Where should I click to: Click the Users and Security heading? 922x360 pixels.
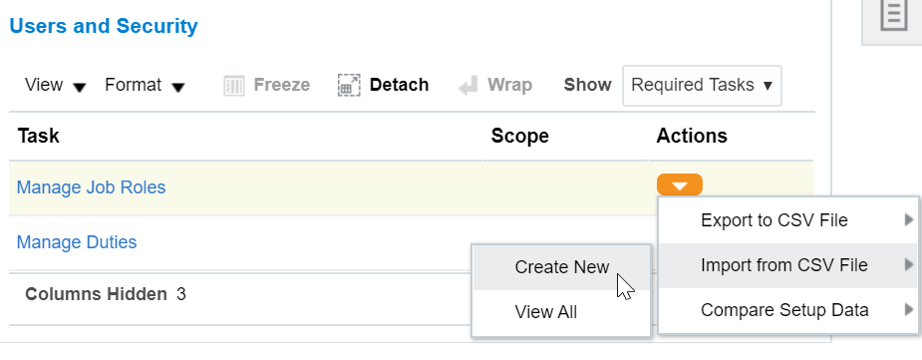tap(104, 27)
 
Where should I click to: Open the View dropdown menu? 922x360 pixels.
tap(55, 86)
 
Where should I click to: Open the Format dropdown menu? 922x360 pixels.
tap(145, 86)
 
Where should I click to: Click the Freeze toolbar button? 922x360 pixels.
tap(266, 86)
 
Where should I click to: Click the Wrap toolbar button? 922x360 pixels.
tap(495, 86)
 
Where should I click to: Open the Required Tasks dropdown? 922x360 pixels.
tap(702, 86)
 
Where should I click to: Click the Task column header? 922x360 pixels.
tap(39, 137)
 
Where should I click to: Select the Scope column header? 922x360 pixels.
tap(519, 137)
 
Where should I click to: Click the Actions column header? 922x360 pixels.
tap(692, 137)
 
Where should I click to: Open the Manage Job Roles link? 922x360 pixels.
tap(92, 187)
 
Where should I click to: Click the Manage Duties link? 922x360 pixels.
tap(77, 242)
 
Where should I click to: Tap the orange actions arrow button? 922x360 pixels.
tap(680, 185)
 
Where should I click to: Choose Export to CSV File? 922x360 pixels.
tap(773, 220)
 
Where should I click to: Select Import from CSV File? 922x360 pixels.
tap(783, 265)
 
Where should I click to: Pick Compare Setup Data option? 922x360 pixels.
tap(783, 310)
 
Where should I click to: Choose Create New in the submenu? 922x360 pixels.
tap(561, 267)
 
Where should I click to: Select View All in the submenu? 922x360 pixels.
tap(545, 312)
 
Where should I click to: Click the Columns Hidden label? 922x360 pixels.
tap(96, 294)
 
